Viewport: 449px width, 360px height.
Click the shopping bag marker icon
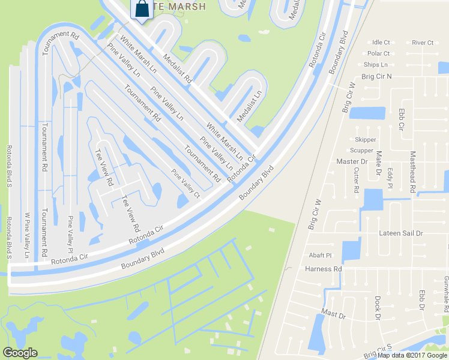(x=143, y=9)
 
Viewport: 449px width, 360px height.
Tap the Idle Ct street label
(x=381, y=43)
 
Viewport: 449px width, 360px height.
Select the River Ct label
(x=423, y=43)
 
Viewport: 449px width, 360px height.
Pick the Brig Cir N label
(x=376, y=77)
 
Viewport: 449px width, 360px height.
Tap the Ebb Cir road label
(x=401, y=120)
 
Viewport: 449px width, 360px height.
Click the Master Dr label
(x=352, y=161)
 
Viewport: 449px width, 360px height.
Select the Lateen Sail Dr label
(x=401, y=233)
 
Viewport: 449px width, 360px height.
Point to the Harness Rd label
(x=323, y=269)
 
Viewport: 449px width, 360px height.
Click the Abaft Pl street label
(x=320, y=255)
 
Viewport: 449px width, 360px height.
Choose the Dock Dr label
(x=378, y=307)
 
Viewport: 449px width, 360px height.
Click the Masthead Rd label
(x=412, y=172)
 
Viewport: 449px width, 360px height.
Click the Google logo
(x=20, y=353)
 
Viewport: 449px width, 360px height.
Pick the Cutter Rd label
(x=356, y=179)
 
